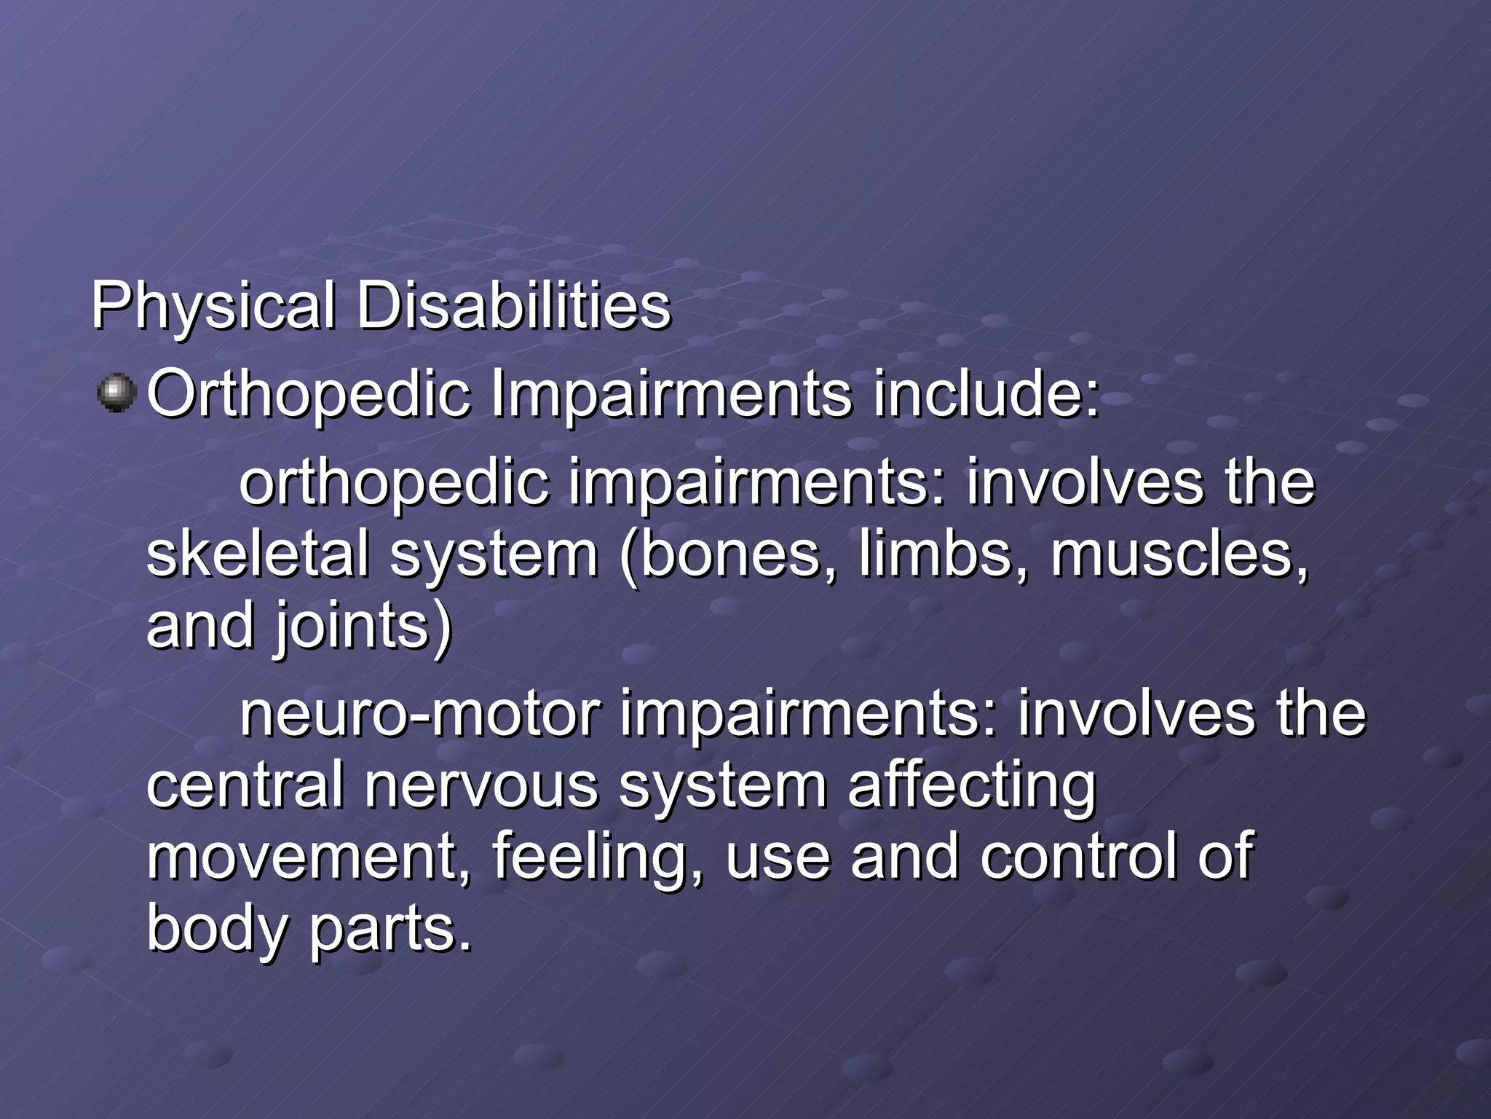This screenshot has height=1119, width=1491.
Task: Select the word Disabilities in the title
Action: [513, 306]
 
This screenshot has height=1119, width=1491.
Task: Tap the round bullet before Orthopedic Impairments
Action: [116, 393]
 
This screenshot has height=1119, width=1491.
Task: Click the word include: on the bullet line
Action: [986, 394]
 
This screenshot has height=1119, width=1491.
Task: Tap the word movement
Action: [309, 857]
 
